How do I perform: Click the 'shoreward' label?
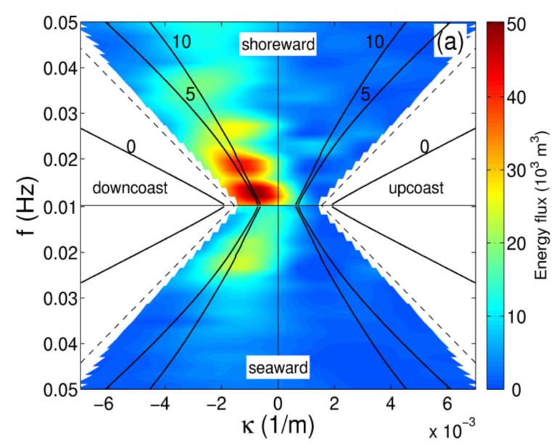279,44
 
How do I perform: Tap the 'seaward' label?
279,367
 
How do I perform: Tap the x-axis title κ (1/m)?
278,427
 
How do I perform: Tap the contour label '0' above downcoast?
131,148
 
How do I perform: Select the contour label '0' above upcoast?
425,148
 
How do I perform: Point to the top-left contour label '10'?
181,42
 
